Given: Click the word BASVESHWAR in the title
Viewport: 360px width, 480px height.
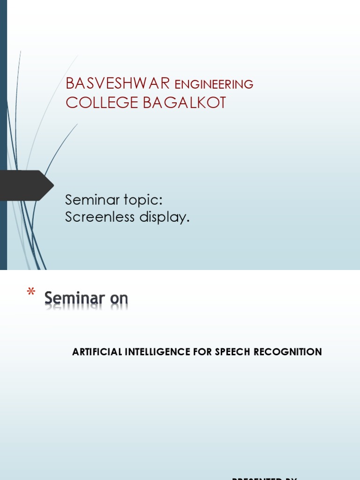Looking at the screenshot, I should (118, 83).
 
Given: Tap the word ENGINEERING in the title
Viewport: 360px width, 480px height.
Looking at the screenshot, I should (214, 84).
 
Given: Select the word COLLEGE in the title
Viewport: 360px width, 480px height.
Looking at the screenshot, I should (102, 103).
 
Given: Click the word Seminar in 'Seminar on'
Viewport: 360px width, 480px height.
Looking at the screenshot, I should (75, 298).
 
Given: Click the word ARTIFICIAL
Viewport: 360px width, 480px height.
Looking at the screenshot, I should (97, 352).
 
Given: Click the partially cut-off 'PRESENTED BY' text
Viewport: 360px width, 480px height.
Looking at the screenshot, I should (265, 478).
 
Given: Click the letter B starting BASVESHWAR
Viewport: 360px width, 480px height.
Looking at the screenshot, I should (70, 83).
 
